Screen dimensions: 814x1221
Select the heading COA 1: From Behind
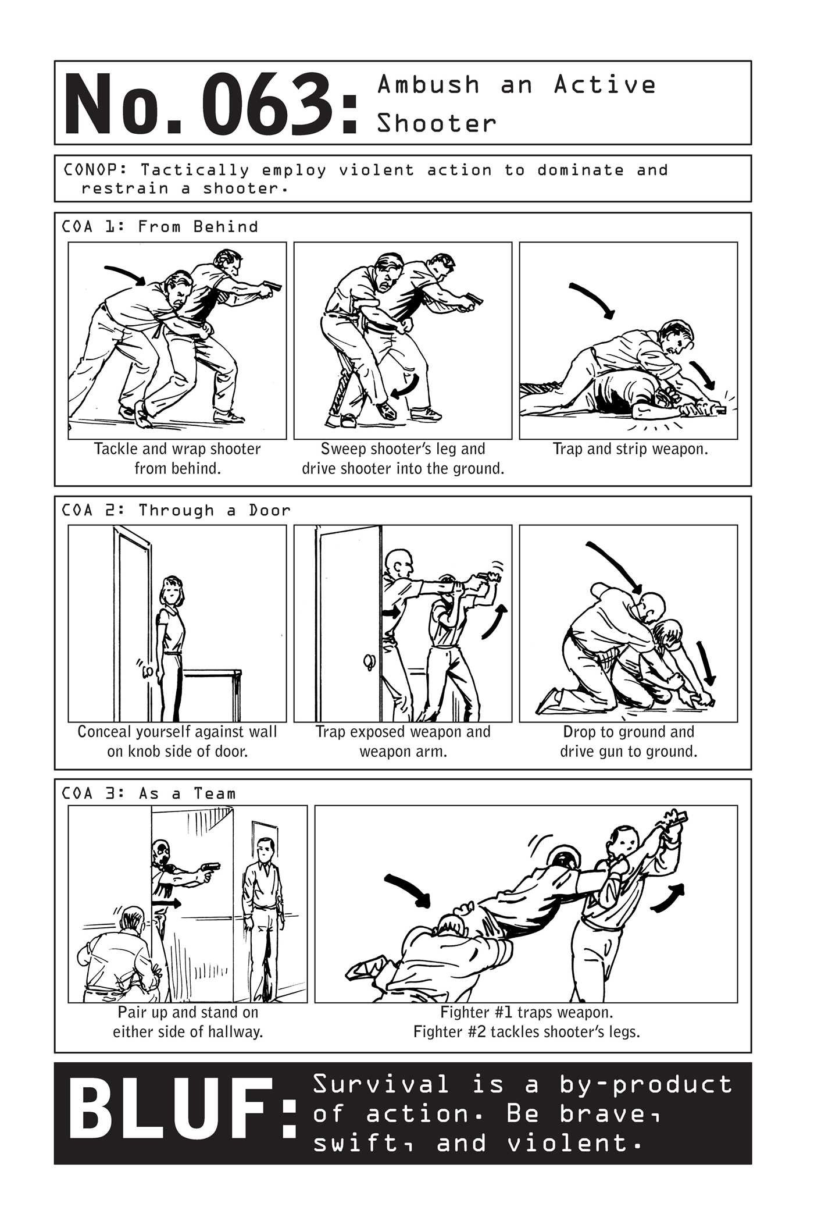coord(160,226)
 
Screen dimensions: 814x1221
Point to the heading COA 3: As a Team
coord(149,793)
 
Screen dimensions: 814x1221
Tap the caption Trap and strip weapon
coord(630,449)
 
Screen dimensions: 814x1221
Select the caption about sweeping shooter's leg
coord(403,458)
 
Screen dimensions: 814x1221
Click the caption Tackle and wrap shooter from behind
coord(177,458)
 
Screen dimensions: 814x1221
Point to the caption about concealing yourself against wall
coord(177,741)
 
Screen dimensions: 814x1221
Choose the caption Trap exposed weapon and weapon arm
coord(403,741)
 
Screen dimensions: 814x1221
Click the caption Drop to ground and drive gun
coord(629,741)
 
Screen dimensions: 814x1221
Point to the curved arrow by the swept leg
coord(405,387)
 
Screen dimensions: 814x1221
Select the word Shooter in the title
coord(437,123)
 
